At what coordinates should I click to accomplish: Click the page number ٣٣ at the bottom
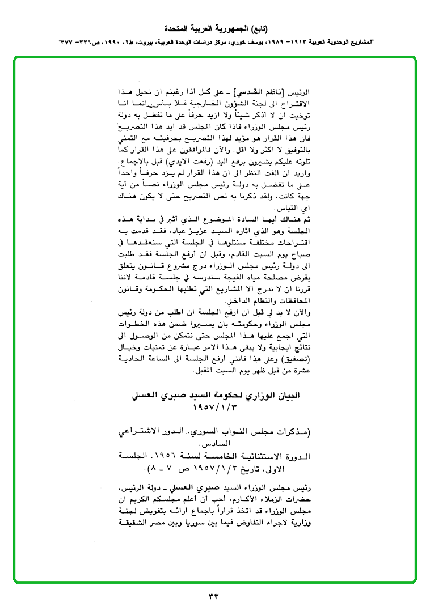pyautogui.click(x=214, y=596)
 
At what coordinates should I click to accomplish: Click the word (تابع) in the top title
pyautogui.click(x=258, y=28)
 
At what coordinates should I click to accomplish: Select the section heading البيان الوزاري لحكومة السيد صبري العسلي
pyautogui.click(x=219, y=395)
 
